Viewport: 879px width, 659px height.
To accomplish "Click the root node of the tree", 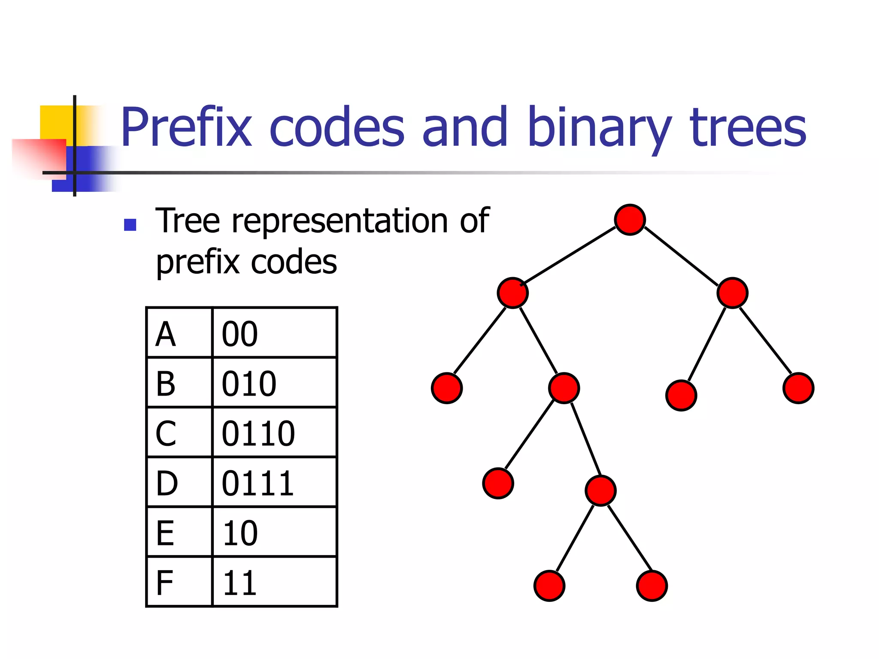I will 630,220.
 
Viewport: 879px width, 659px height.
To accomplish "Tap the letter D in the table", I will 167,483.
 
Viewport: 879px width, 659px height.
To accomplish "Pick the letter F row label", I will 165,583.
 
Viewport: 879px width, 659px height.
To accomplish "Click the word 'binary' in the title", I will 599,127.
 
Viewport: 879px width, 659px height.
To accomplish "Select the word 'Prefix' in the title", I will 186,127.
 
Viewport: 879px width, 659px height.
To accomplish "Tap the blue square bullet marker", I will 130,225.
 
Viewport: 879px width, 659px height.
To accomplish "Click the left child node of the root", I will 512,293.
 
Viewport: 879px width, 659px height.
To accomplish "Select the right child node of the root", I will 732,293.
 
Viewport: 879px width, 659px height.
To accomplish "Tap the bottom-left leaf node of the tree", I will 549,586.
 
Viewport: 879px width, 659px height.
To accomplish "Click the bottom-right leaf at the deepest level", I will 652,586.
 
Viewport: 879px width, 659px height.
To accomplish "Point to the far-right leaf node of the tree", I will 798,388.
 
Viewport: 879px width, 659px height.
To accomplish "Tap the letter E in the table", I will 165,533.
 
